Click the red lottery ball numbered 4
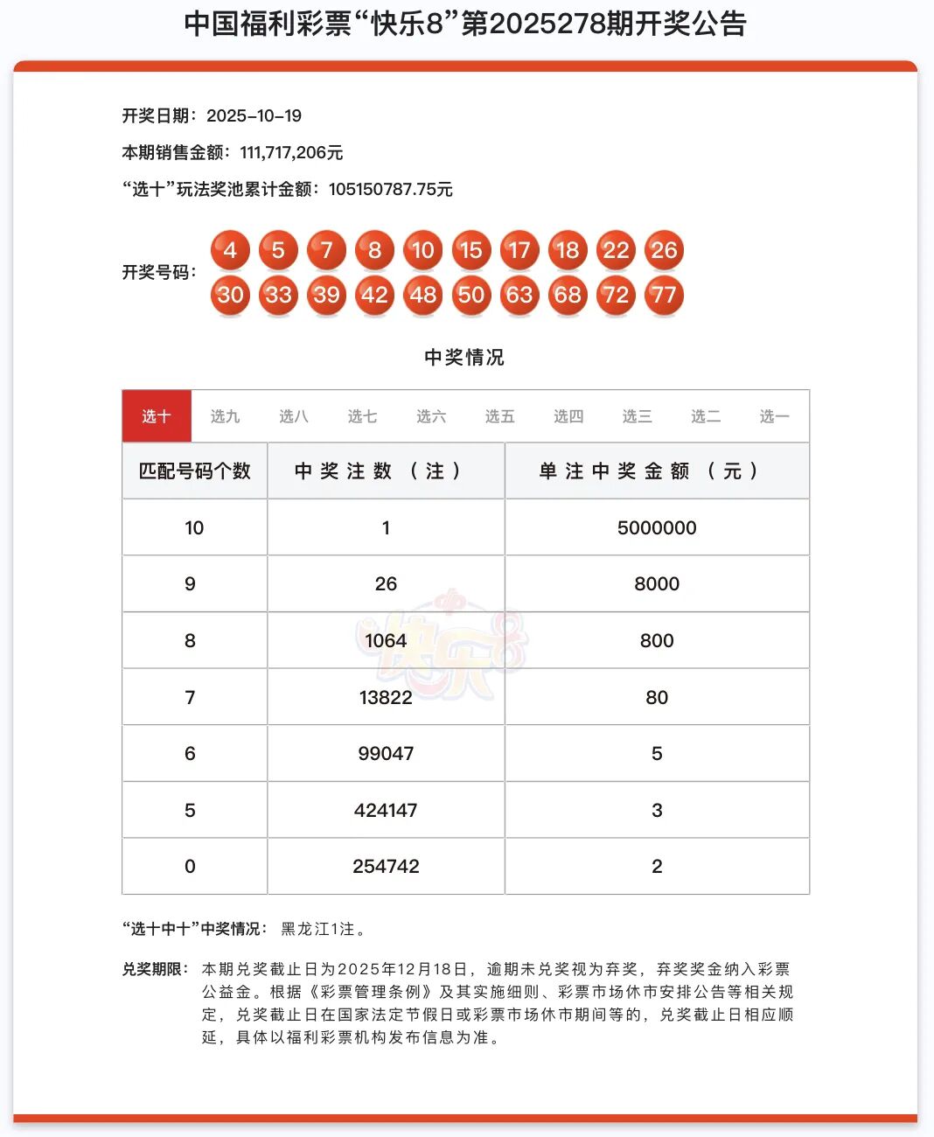point(230,250)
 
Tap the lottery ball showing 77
point(664,295)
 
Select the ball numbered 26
point(664,250)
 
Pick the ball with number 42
point(374,295)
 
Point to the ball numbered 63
point(519,295)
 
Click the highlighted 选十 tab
point(157,416)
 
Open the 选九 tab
point(225,416)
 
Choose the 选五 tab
point(499,416)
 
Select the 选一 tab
point(774,416)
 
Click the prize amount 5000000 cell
point(657,527)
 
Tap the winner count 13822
point(386,697)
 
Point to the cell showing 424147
point(386,810)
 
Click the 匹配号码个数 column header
point(195,471)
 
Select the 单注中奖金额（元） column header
point(657,471)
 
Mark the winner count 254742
point(386,866)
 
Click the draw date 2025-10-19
point(254,115)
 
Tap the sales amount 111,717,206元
point(291,152)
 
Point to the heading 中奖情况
point(464,357)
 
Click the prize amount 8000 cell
point(657,583)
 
